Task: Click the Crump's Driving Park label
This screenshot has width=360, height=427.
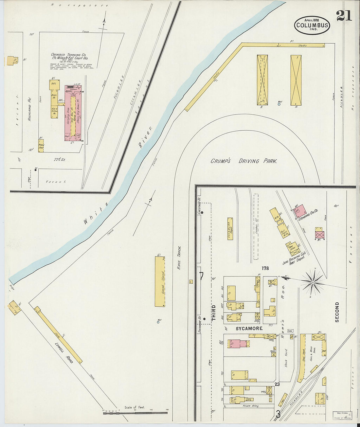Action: pyautogui.click(x=244, y=161)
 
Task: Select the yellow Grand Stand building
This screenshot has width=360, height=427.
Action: pyautogui.click(x=160, y=281)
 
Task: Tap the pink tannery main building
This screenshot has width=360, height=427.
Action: pyautogui.click(x=73, y=113)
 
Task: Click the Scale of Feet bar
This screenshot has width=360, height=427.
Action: pyautogui.click(x=135, y=413)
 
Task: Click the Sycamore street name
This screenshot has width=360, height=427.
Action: pyautogui.click(x=249, y=328)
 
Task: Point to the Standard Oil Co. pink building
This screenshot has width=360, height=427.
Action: pyautogui.click(x=301, y=210)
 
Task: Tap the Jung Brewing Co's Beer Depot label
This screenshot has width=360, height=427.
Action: pyautogui.click(x=294, y=258)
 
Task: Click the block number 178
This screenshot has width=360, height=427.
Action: pyautogui.click(x=265, y=268)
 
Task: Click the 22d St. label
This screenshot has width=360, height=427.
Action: pyautogui.click(x=60, y=160)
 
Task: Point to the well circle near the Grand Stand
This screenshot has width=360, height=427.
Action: pyautogui.click(x=158, y=322)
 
